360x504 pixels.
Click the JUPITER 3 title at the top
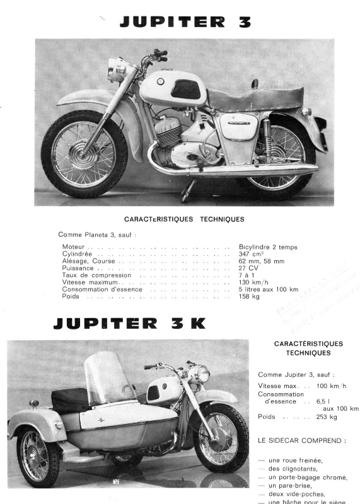pyautogui.click(x=185, y=23)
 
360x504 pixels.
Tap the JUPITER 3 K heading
pyautogui.click(x=129, y=324)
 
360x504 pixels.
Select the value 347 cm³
pyautogui.click(x=252, y=254)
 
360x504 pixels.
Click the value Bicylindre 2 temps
pyautogui.click(x=268, y=247)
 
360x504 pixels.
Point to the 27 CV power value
pyautogui.click(x=249, y=268)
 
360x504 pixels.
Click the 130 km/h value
pyautogui.click(x=254, y=282)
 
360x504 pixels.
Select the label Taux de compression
pyautogui.click(x=96, y=275)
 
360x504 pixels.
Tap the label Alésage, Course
pyautogui.click(x=90, y=261)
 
